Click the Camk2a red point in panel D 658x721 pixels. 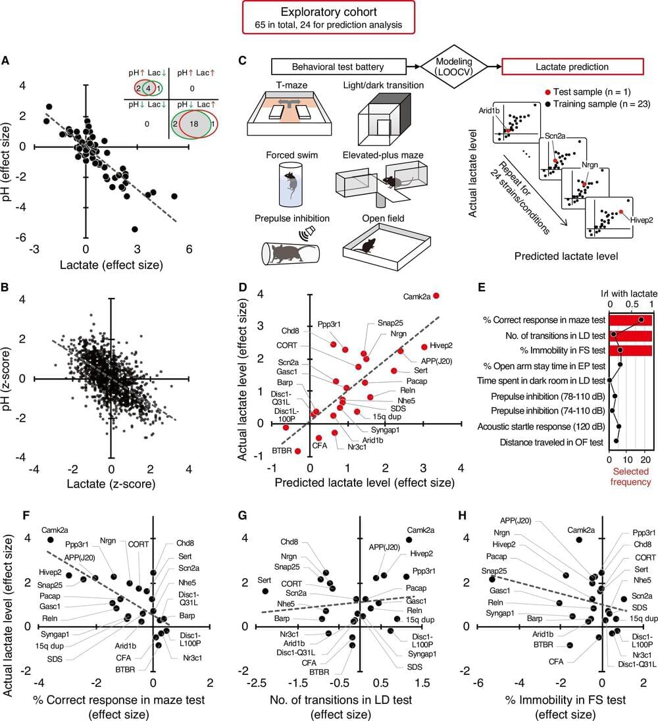(x=436, y=296)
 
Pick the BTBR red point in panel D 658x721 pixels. (x=297, y=451)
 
